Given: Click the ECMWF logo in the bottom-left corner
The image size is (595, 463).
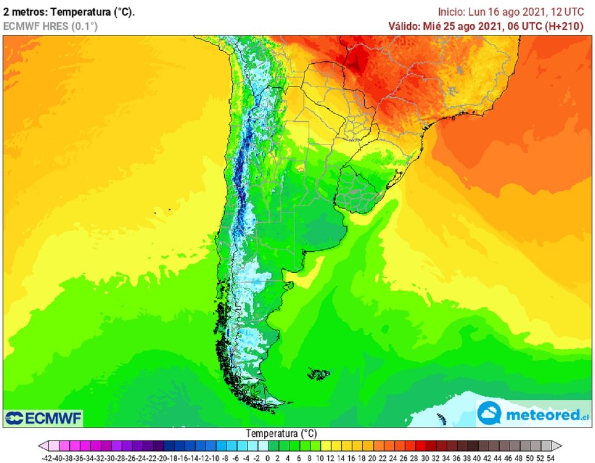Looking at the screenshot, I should (x=43, y=418).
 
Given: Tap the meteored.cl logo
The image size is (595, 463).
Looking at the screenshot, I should (x=533, y=414).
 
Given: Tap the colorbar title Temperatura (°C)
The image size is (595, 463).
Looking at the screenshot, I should (x=281, y=433).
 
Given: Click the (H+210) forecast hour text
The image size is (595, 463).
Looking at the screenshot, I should (x=564, y=26).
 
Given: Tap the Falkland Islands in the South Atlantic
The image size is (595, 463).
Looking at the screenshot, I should (x=319, y=374).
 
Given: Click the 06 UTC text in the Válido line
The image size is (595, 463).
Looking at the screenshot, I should (x=524, y=26).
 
